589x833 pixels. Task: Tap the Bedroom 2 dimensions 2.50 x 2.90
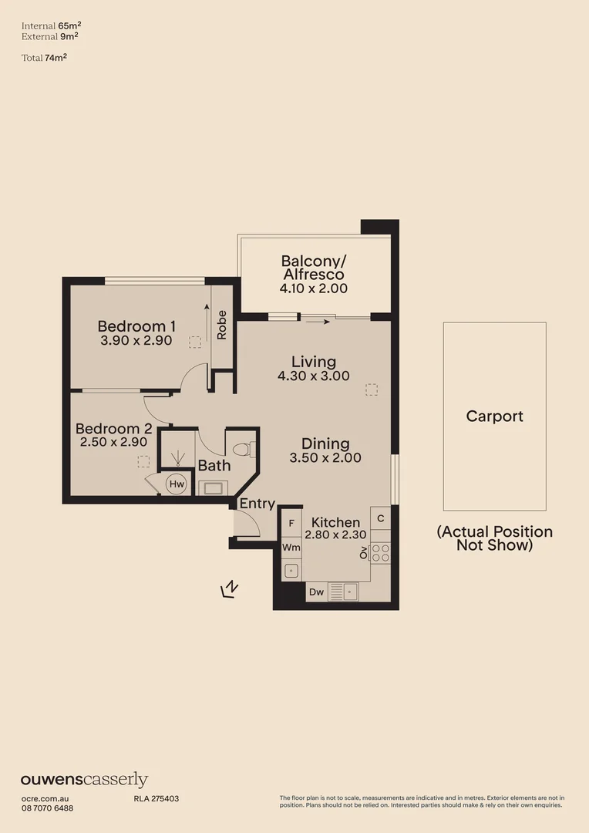113,443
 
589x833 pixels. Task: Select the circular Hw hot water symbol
177,484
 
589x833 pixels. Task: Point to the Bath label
214,465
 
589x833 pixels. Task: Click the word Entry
257,504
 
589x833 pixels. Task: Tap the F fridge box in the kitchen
291,523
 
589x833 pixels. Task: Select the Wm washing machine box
291,547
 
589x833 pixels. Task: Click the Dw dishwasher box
316,592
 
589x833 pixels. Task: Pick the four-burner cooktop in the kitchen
381,552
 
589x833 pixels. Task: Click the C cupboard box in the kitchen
381,518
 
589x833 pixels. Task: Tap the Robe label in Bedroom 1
222,325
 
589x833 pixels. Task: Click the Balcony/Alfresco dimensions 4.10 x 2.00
313,288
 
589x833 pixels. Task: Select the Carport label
494,416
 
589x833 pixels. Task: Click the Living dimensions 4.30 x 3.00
313,376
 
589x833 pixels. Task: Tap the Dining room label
325,443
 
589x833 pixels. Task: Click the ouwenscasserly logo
84,780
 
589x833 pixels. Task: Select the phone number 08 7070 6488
47,808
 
